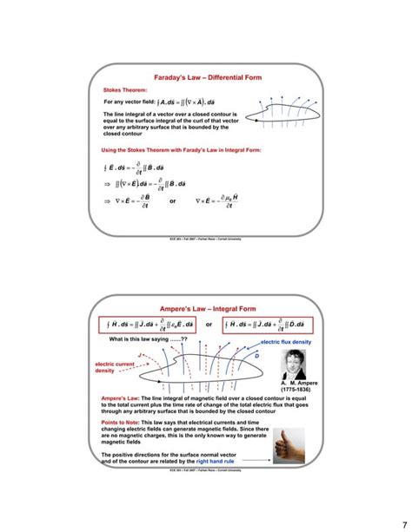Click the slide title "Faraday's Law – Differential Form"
click(207, 78)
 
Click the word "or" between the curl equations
click(174, 201)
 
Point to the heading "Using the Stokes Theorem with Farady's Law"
click(182, 149)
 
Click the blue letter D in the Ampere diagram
click(257, 356)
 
